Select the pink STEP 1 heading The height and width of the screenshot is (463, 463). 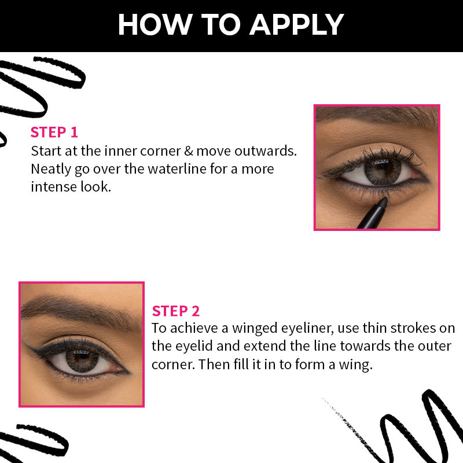(54, 132)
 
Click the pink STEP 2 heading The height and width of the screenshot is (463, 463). (175, 311)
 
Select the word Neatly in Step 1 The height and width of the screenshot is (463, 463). (51, 169)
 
